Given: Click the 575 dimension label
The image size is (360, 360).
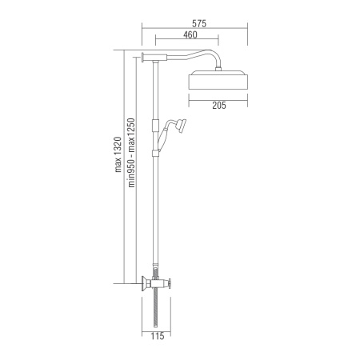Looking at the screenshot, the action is tap(199, 24).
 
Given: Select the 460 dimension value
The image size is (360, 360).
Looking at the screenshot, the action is tap(190, 34).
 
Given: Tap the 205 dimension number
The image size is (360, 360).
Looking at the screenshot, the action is tap(219, 106).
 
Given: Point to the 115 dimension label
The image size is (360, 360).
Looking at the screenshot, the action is tap(158, 336).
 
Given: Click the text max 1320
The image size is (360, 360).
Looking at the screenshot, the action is tap(118, 154).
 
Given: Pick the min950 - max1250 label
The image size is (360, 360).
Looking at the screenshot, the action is tap(132, 153).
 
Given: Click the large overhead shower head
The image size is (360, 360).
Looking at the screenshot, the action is tap(218, 80).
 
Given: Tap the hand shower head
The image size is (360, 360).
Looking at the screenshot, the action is tap(182, 125).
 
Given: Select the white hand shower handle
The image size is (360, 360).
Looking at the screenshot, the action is tap(162, 139).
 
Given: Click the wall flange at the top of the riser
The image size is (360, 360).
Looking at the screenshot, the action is tap(143, 57).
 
